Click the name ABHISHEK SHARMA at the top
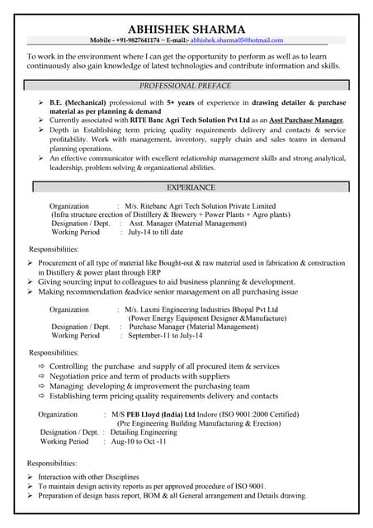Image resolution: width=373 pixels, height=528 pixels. tap(186, 28)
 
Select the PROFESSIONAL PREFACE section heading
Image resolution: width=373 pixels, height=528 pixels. tap(185, 86)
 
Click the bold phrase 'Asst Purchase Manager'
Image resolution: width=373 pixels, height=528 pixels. tap(303, 120)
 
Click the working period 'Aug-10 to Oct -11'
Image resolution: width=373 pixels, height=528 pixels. tap(139, 441)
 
